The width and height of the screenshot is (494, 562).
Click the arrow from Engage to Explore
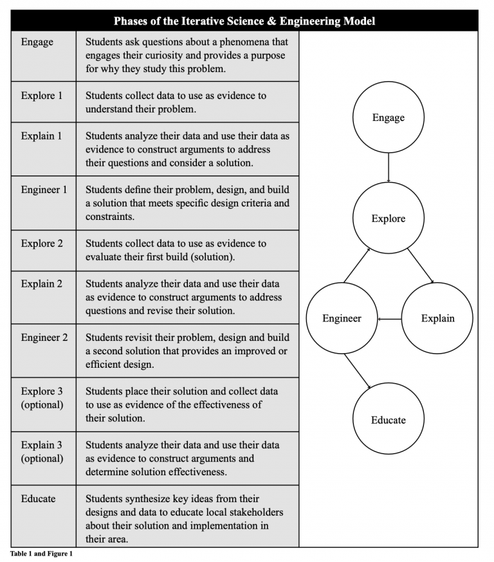point(389,168)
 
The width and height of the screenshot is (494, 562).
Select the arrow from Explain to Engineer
point(390,319)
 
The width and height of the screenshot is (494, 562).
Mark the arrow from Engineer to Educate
point(357,371)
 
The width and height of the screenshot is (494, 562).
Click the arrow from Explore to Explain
point(421,266)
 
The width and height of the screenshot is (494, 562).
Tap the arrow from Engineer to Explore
point(357,265)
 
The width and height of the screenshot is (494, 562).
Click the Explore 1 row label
point(42,96)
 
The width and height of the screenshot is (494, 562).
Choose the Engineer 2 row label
point(44,338)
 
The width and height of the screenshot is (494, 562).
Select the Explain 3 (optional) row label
point(42,451)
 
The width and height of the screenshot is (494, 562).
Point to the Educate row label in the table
point(38,498)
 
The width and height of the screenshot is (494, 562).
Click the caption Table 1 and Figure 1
point(41,554)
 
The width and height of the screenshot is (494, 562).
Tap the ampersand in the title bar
point(271,21)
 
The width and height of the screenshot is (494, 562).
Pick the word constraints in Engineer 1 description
point(110,217)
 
